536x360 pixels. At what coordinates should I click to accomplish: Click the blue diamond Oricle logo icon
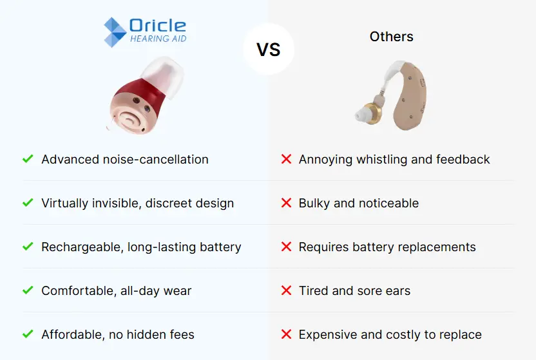[115, 32]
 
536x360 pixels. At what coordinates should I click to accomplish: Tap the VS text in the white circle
[269, 50]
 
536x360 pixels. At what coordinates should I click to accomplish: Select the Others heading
[392, 37]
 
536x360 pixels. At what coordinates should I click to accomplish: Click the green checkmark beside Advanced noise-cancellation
[28, 159]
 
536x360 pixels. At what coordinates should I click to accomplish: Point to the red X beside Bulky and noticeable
[286, 203]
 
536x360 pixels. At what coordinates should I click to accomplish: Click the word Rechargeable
[82, 247]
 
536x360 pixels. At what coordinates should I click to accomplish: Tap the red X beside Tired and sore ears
[286, 290]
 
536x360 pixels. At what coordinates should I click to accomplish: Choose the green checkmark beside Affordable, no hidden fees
[28, 334]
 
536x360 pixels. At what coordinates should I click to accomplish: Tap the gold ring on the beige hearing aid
[372, 113]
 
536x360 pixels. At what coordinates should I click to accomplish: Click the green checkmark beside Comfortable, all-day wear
[28, 290]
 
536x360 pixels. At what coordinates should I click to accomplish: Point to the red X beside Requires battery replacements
[286, 247]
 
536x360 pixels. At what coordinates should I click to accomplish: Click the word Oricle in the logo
[158, 26]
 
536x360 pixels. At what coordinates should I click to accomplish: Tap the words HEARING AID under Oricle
[158, 39]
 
